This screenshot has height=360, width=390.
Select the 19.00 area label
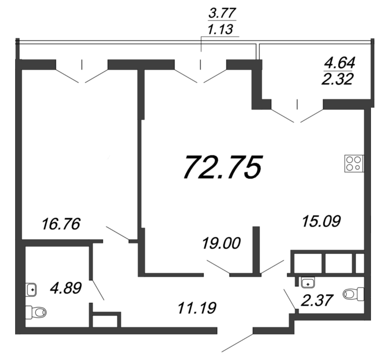tap(222, 242)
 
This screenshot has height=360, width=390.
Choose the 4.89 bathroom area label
tap(65, 287)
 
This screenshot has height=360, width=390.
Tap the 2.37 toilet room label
tap(318, 299)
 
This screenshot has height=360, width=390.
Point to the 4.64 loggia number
tap(340, 62)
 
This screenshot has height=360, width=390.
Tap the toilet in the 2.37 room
tap(354, 293)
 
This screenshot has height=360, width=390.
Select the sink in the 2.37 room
tap(308, 282)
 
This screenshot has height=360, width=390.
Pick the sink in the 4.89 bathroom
tap(32, 289)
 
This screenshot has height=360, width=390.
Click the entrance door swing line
tap(237, 342)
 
